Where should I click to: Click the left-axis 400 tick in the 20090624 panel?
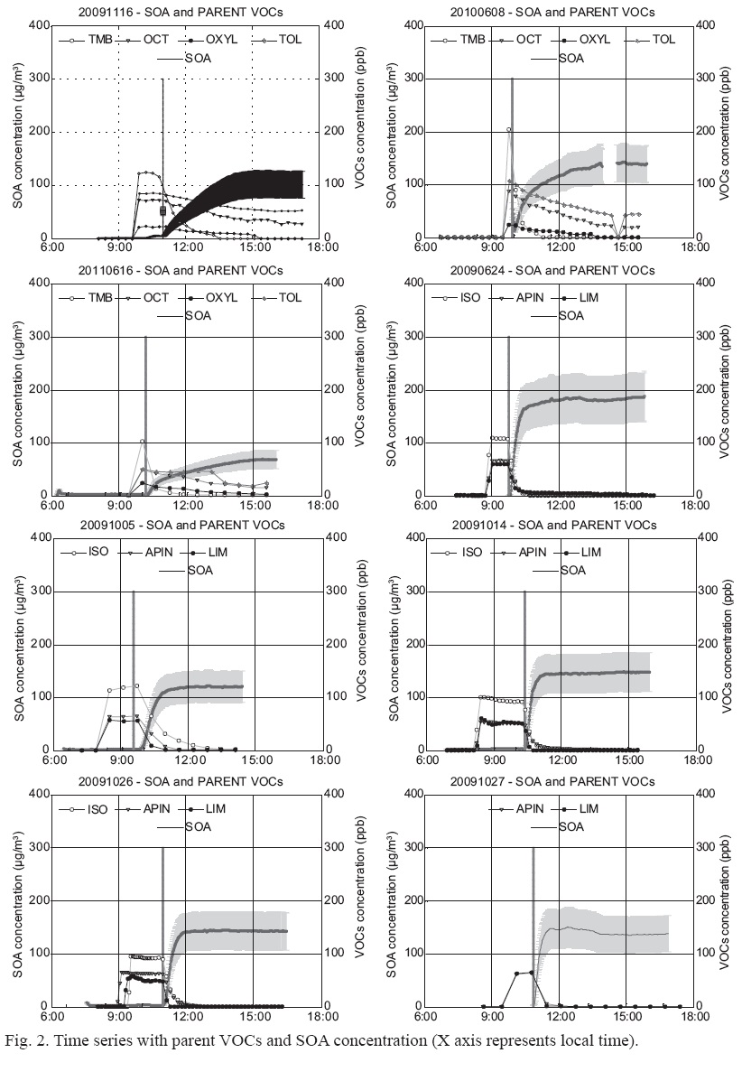point(411,282)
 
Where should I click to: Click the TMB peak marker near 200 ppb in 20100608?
point(509,129)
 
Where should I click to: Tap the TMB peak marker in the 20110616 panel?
point(143,442)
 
